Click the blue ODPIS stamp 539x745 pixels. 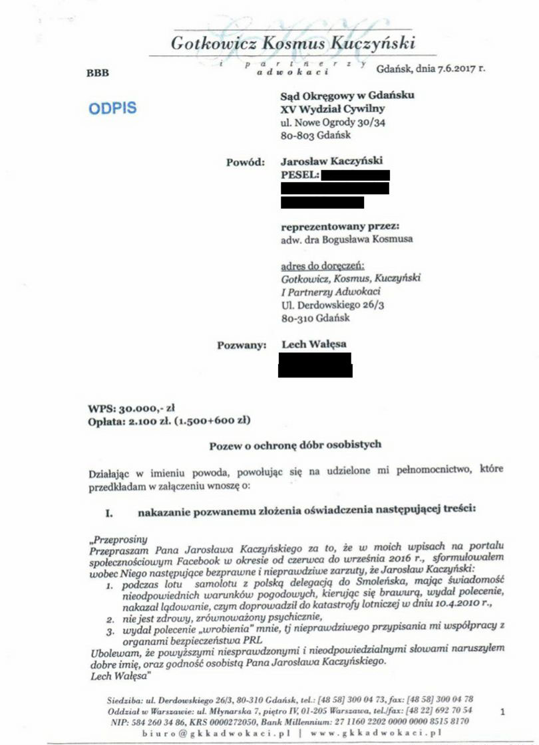coord(112,107)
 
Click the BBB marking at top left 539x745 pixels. coord(97,73)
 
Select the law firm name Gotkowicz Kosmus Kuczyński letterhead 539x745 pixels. coord(293,44)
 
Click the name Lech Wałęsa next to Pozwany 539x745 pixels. coord(314,344)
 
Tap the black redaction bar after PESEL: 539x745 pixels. coord(355,175)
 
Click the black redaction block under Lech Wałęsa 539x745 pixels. coord(315,365)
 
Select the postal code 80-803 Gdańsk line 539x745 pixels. coord(315,136)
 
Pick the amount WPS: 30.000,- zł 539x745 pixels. coord(131,408)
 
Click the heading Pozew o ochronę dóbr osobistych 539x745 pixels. coord(295,444)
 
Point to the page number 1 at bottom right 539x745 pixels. coord(502,711)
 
